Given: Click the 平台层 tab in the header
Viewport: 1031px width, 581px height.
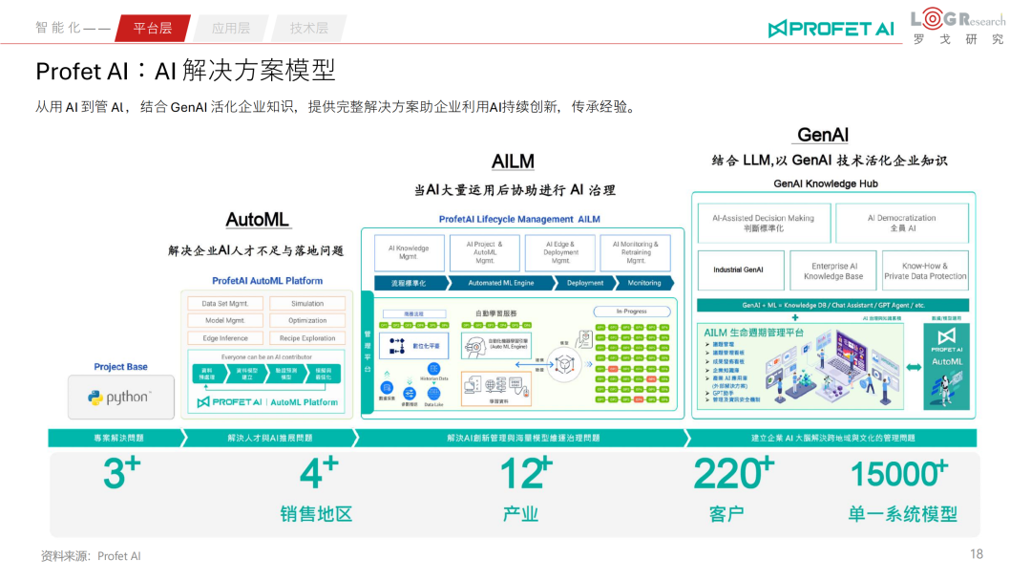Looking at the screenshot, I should point(153,29).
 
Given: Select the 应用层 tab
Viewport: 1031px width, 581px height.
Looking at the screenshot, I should point(231,29).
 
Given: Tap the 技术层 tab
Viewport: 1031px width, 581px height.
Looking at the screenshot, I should point(308,29).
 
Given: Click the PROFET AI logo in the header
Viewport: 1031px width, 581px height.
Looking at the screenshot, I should point(831,29).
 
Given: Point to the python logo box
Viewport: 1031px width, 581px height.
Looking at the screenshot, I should point(120,397).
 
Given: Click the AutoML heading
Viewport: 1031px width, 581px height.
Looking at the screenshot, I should point(258,220).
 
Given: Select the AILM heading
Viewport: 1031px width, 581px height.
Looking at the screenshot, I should point(513,161).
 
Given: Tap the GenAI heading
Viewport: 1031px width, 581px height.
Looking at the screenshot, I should point(822,135).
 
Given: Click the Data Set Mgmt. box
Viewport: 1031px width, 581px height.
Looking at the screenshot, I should point(225,304).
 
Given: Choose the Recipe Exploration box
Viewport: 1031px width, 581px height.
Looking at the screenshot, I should point(307,338).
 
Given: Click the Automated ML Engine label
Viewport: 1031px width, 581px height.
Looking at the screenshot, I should point(501,283).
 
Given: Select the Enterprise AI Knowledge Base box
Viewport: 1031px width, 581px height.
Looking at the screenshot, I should point(832,271).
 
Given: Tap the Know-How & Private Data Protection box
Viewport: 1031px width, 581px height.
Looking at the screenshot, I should point(925,271).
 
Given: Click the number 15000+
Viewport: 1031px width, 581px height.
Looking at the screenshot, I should point(898,473).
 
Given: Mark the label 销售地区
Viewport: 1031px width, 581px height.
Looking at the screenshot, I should point(316,514).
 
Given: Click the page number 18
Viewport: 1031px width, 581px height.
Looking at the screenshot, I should point(976,554).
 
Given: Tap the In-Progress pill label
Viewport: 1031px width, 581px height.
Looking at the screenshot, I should point(632,312).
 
